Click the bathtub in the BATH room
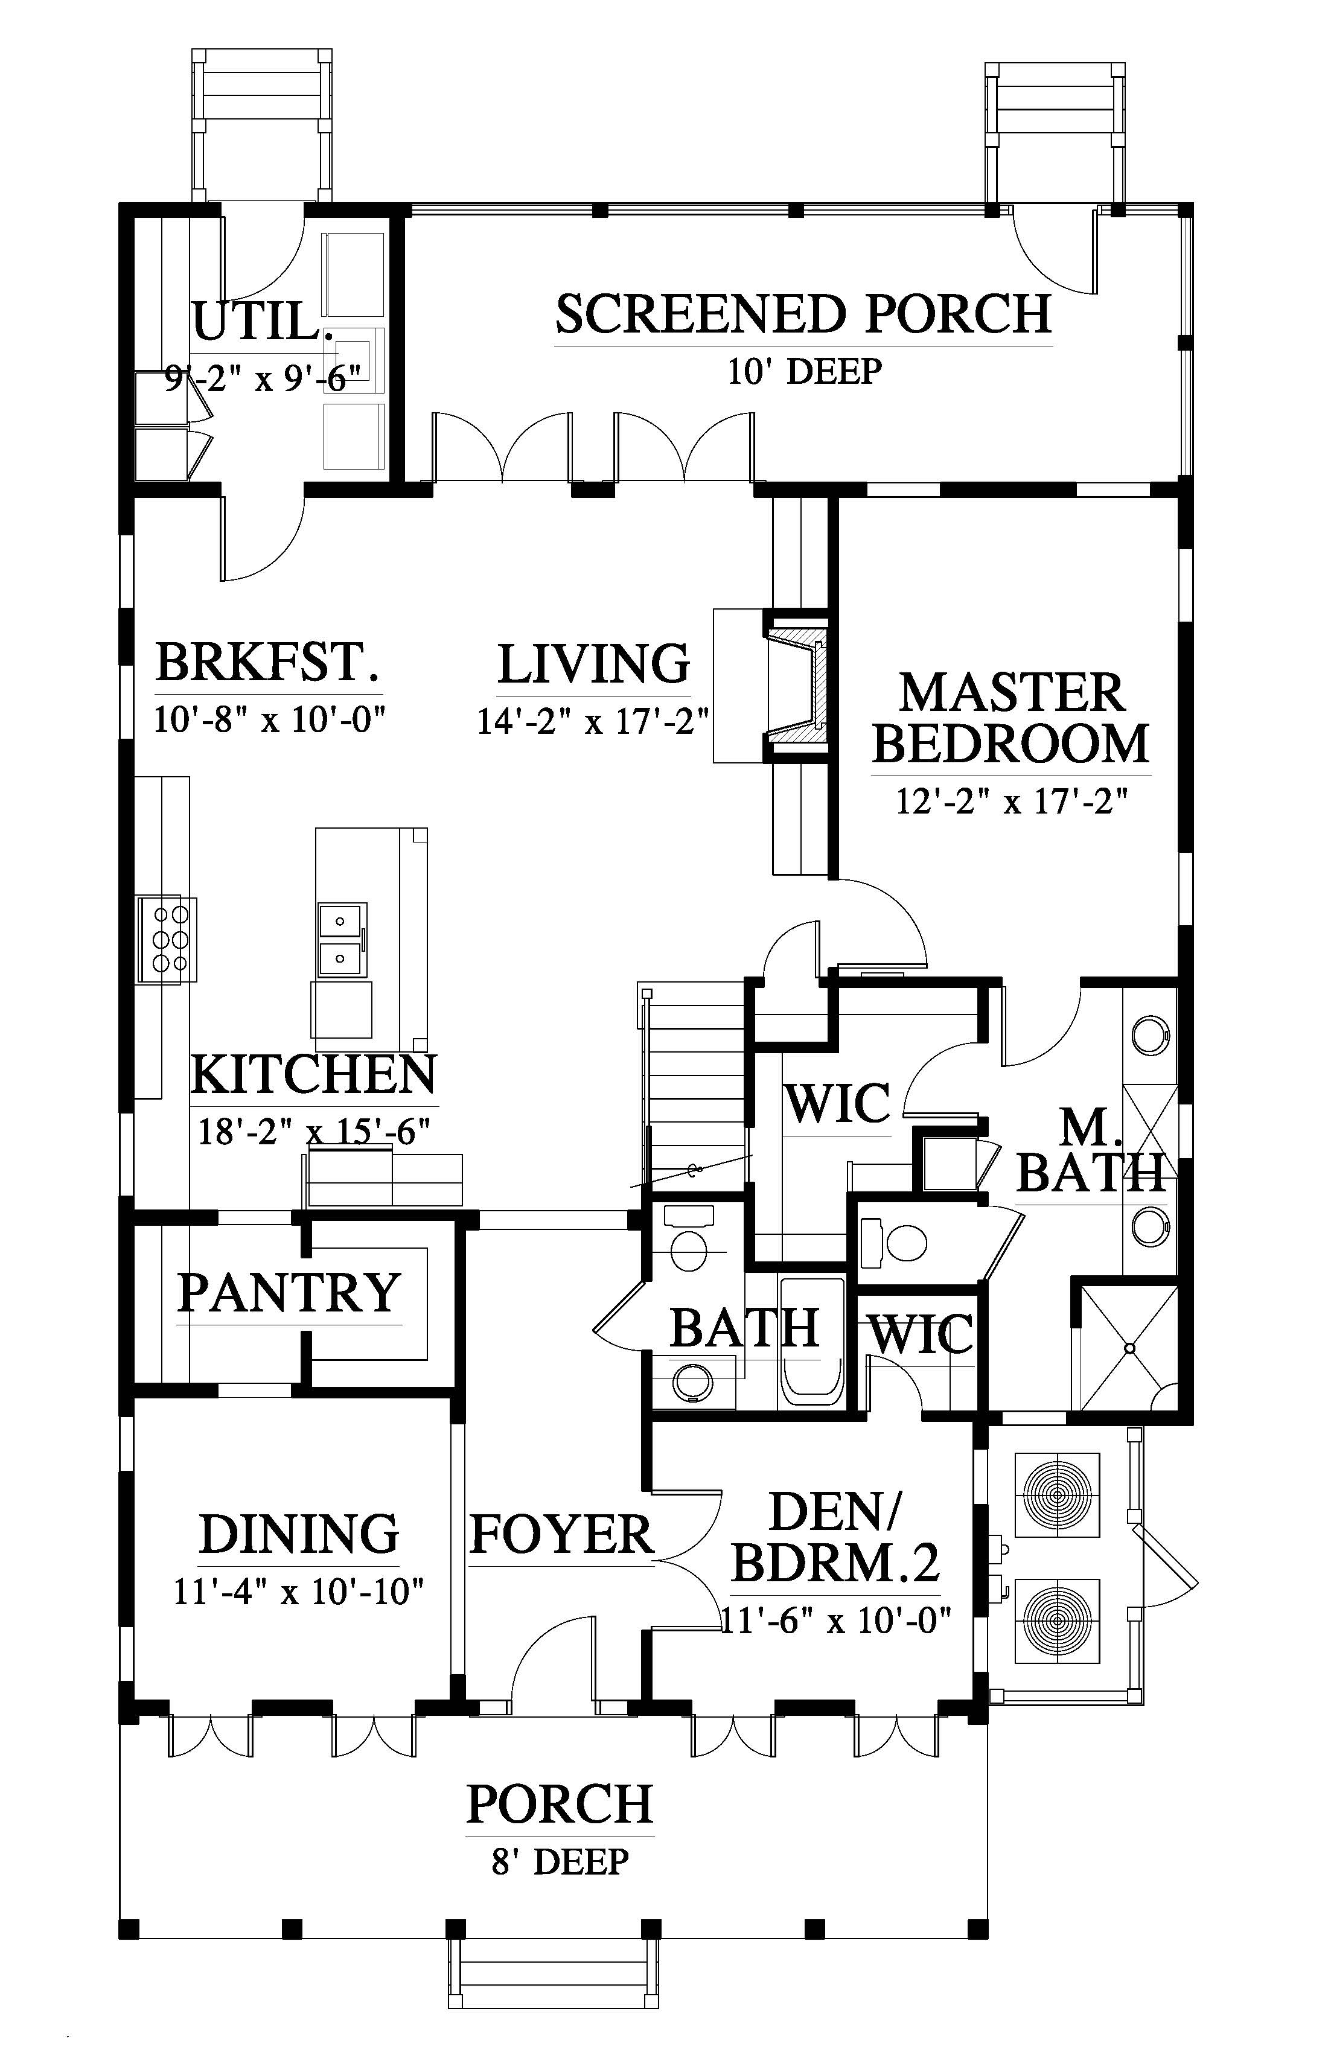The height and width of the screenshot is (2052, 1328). coord(811,1340)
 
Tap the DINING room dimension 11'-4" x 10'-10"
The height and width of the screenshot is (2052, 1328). coord(299,1591)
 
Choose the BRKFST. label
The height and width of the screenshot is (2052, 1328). coord(268,662)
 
